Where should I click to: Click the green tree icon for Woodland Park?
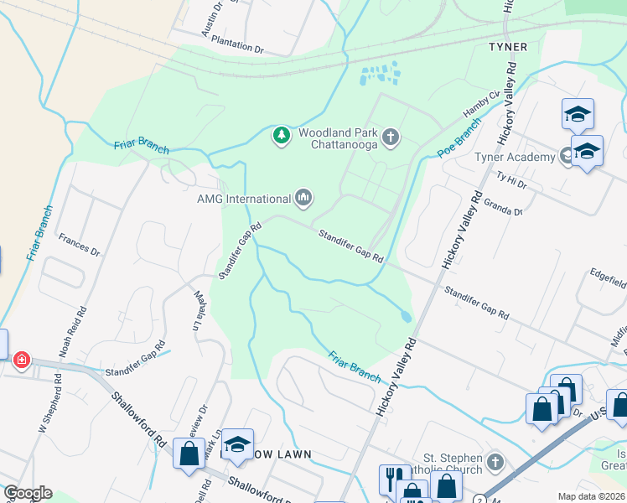coord(282,135)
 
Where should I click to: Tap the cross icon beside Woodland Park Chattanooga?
coord(390,136)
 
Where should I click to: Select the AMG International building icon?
coord(303,199)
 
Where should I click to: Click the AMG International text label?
coord(242,199)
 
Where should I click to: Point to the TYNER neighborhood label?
coord(508,47)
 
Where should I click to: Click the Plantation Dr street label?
coord(237,44)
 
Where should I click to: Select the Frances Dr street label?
coord(79,245)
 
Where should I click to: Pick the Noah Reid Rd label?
coord(82,320)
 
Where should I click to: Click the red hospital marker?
coord(21,360)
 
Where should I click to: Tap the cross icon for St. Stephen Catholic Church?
coord(495,462)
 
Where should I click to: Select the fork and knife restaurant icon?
coord(391,479)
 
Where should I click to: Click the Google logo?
coord(28,493)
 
